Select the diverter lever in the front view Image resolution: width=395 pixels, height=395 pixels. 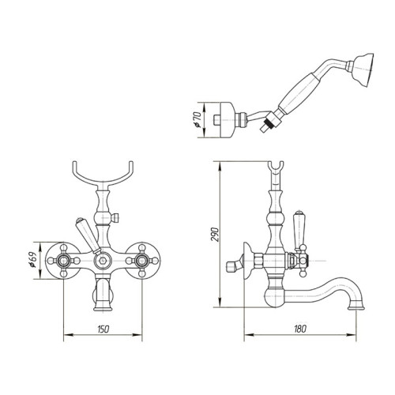(84, 231)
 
